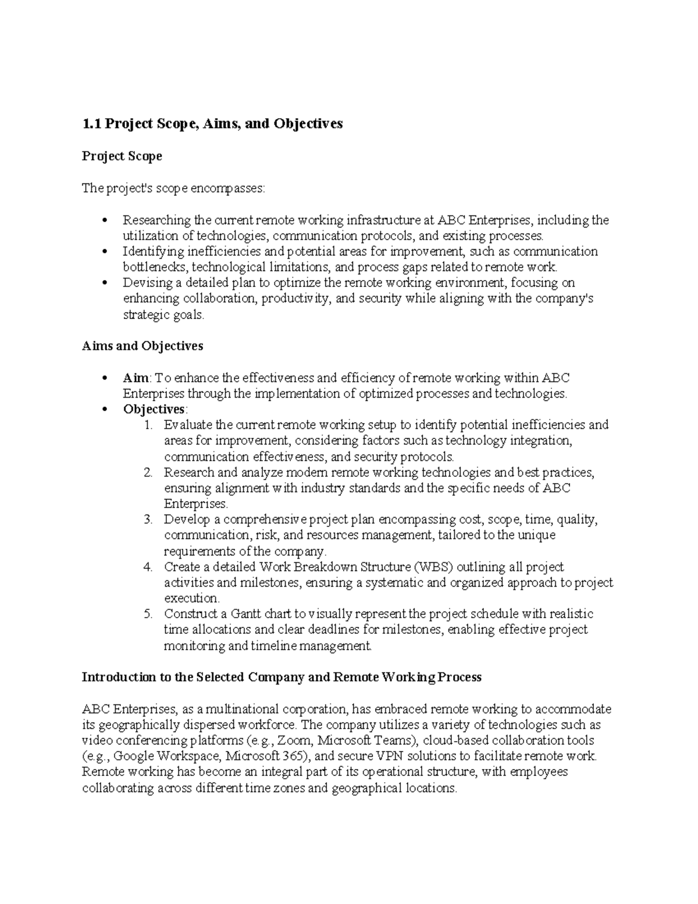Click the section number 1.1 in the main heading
pyautogui.click(x=91, y=123)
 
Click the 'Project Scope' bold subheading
pyautogui.click(x=122, y=156)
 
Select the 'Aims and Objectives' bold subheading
pyautogui.click(x=142, y=346)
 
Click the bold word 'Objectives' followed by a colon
pyautogui.click(x=154, y=409)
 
